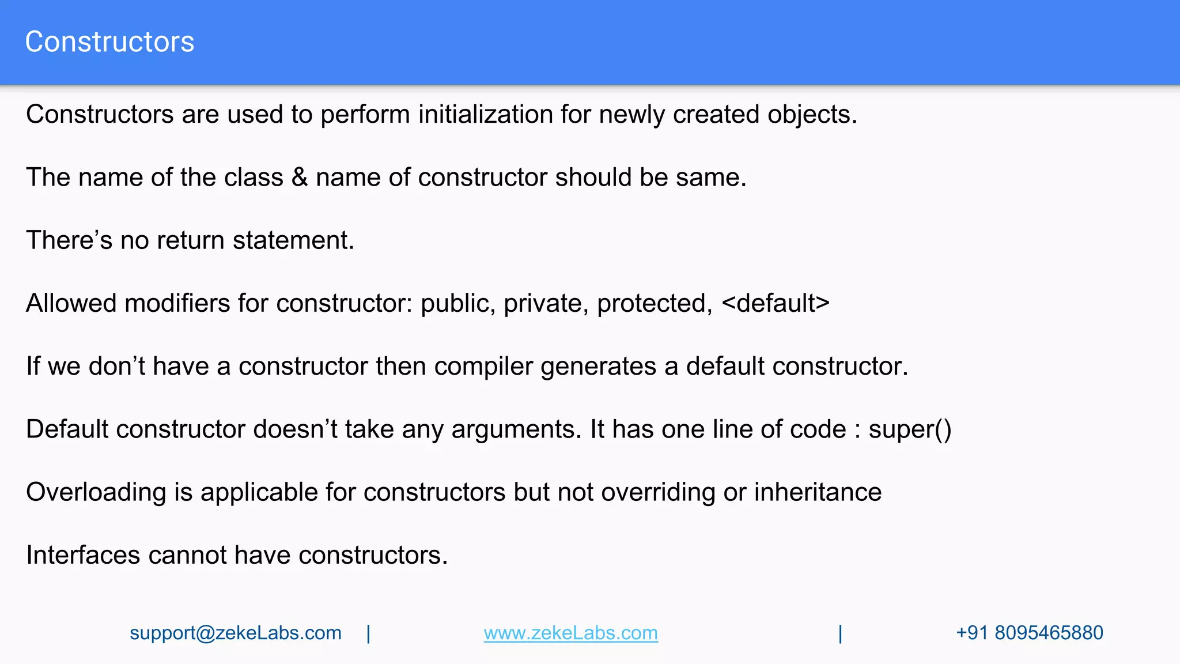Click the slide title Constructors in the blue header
[x=109, y=42]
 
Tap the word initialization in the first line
[x=485, y=114]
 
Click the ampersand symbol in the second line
[x=300, y=178]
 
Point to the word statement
[x=293, y=240]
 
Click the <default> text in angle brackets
[x=775, y=303]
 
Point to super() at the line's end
[x=910, y=429]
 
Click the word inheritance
[x=818, y=492]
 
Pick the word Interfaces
[x=83, y=555]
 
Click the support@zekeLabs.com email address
[x=235, y=633]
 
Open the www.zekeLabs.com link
[x=570, y=633]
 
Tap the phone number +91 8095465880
[x=1029, y=633]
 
